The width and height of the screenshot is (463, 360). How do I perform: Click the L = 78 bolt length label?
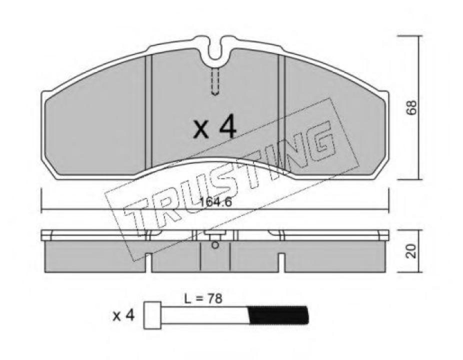pyautogui.click(x=202, y=299)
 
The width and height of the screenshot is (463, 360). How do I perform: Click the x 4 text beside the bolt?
pyautogui.click(x=123, y=315)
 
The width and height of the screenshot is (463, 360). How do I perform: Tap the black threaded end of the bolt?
pyautogui.click(x=278, y=315)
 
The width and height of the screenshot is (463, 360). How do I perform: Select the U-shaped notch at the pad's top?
pyautogui.click(x=216, y=50)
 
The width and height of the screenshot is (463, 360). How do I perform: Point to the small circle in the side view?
pyautogui.click(x=215, y=245)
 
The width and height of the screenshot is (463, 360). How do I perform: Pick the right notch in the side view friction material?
pyautogui.click(x=281, y=262)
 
